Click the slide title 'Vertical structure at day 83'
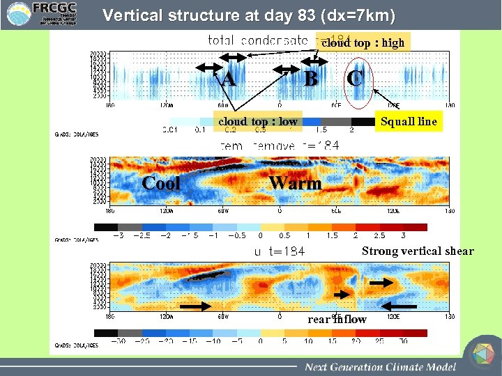click(248, 15)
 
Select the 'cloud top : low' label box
click(257, 121)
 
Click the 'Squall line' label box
click(409, 121)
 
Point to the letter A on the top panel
click(228, 79)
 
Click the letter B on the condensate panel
click(311, 79)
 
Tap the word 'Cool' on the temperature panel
click(161, 183)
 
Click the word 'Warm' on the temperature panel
click(296, 183)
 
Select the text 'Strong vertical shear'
click(417, 251)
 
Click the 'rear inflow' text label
click(337, 319)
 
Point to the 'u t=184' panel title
click(279, 251)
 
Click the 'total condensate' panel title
click(258, 40)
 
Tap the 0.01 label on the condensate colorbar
click(169, 130)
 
